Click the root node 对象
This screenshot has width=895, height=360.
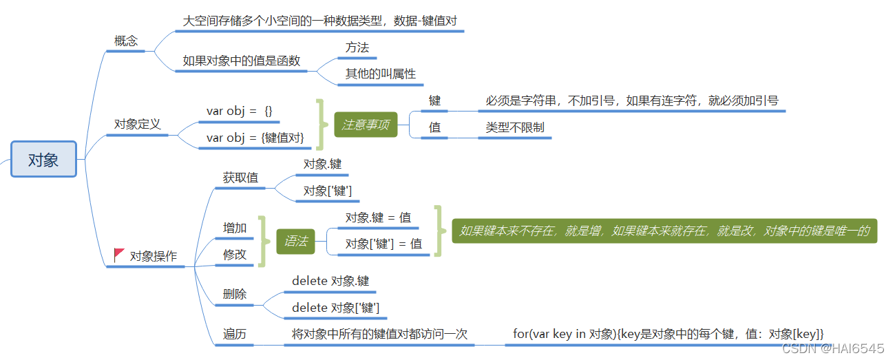pos(43,160)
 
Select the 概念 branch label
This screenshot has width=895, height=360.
pos(126,41)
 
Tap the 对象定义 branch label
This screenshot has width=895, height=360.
pos(138,125)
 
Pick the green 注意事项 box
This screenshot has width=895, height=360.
pos(365,125)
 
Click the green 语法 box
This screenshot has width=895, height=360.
pos(295,242)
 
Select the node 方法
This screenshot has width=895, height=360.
pos(357,47)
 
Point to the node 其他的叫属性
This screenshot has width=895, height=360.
pos(381,74)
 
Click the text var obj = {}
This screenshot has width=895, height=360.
pos(240,111)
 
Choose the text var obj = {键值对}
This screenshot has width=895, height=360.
pos(255,138)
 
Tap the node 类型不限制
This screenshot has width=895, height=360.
pos(514,127)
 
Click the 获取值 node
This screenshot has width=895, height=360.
pos(241,178)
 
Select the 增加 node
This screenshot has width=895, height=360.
pos(235,228)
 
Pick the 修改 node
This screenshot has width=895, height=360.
pos(235,254)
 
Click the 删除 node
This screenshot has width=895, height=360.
pos(235,294)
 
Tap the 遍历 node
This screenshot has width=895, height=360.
pos(235,335)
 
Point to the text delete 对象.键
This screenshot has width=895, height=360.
pos(330,281)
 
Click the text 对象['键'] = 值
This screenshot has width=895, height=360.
pos(383,244)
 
